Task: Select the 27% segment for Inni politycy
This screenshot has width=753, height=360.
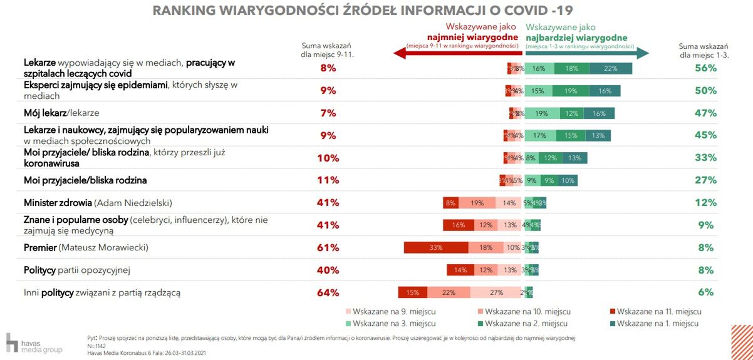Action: tap(496, 292)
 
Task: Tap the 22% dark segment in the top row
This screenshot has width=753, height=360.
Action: tap(611, 68)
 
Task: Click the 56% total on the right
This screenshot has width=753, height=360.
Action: tap(705, 68)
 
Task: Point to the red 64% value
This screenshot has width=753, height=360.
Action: tap(328, 292)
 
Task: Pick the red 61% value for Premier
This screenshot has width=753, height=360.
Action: tap(328, 247)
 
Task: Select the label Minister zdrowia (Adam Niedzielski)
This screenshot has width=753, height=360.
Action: tap(98, 203)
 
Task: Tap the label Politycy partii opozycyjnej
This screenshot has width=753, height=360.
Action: tap(77, 270)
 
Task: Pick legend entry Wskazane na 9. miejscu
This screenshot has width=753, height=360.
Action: tap(390, 311)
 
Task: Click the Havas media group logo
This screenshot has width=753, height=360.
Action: tap(34, 343)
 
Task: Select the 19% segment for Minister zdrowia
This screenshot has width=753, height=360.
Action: tap(477, 203)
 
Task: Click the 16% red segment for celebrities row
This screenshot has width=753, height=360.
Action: tap(458, 225)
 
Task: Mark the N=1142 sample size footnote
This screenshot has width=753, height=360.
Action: tap(96, 346)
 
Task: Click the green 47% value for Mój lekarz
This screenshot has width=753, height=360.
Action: tap(705, 113)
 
